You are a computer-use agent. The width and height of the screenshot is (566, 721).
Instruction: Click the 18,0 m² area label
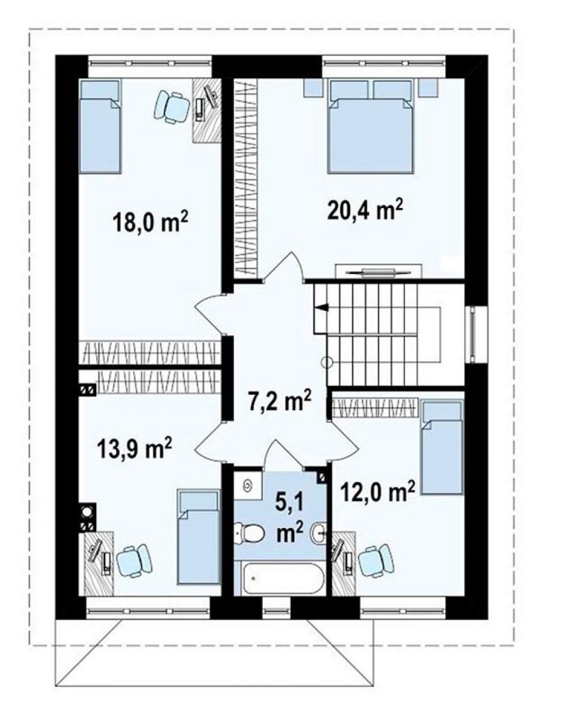click(x=151, y=223)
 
